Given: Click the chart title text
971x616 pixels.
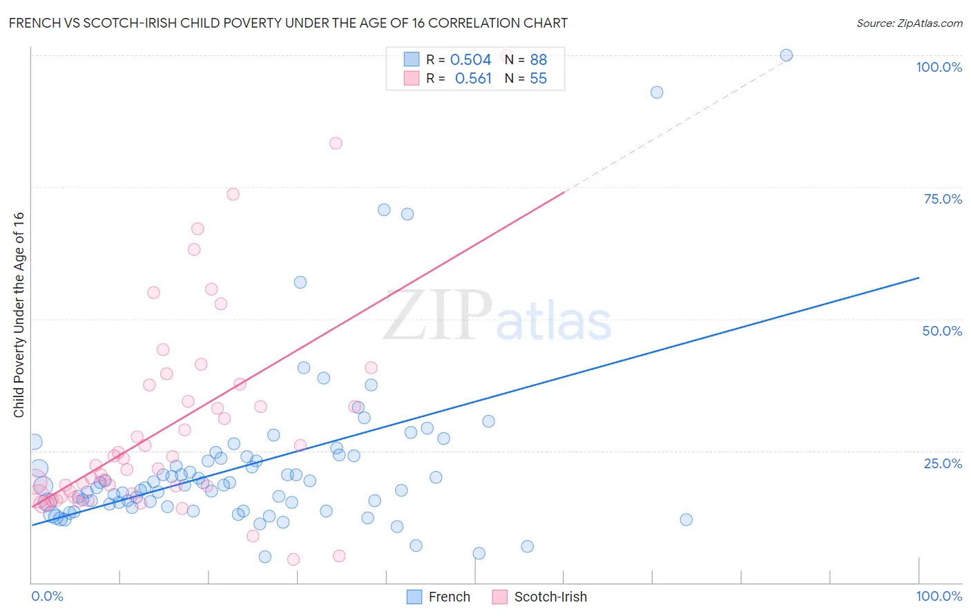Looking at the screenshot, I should pyautogui.click(x=288, y=23).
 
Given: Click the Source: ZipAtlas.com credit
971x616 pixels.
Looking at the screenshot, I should pyautogui.click(x=909, y=23).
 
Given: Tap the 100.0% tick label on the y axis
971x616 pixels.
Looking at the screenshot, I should pyautogui.click(x=939, y=67).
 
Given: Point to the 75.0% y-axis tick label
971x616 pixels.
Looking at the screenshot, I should pyautogui.click(x=943, y=199).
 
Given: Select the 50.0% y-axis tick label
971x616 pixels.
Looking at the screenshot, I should pyautogui.click(x=942, y=331).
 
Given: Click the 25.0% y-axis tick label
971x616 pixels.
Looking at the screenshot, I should pyautogui.click(x=943, y=463).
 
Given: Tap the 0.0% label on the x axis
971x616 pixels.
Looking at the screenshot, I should pyautogui.click(x=47, y=596).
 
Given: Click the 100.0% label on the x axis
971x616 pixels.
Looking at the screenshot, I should pyautogui.click(x=939, y=596).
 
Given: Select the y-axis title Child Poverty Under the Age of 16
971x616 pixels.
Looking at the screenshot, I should pyautogui.click(x=19, y=314).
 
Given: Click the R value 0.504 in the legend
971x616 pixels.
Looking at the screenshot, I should pyautogui.click(x=470, y=60).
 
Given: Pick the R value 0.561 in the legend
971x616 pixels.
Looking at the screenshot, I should pyautogui.click(x=473, y=79).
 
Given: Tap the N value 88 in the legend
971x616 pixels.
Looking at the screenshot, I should pyautogui.click(x=538, y=60).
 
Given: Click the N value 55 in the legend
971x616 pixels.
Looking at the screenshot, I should pyautogui.click(x=538, y=79).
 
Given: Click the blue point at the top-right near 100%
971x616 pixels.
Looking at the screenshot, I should pyautogui.click(x=786, y=55).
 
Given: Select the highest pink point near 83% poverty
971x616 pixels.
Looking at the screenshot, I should pyautogui.click(x=336, y=144).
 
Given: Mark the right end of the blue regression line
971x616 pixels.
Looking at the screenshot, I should pyautogui.click(x=919, y=278).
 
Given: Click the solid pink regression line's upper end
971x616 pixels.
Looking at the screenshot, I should pyautogui.click(x=564, y=192).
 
